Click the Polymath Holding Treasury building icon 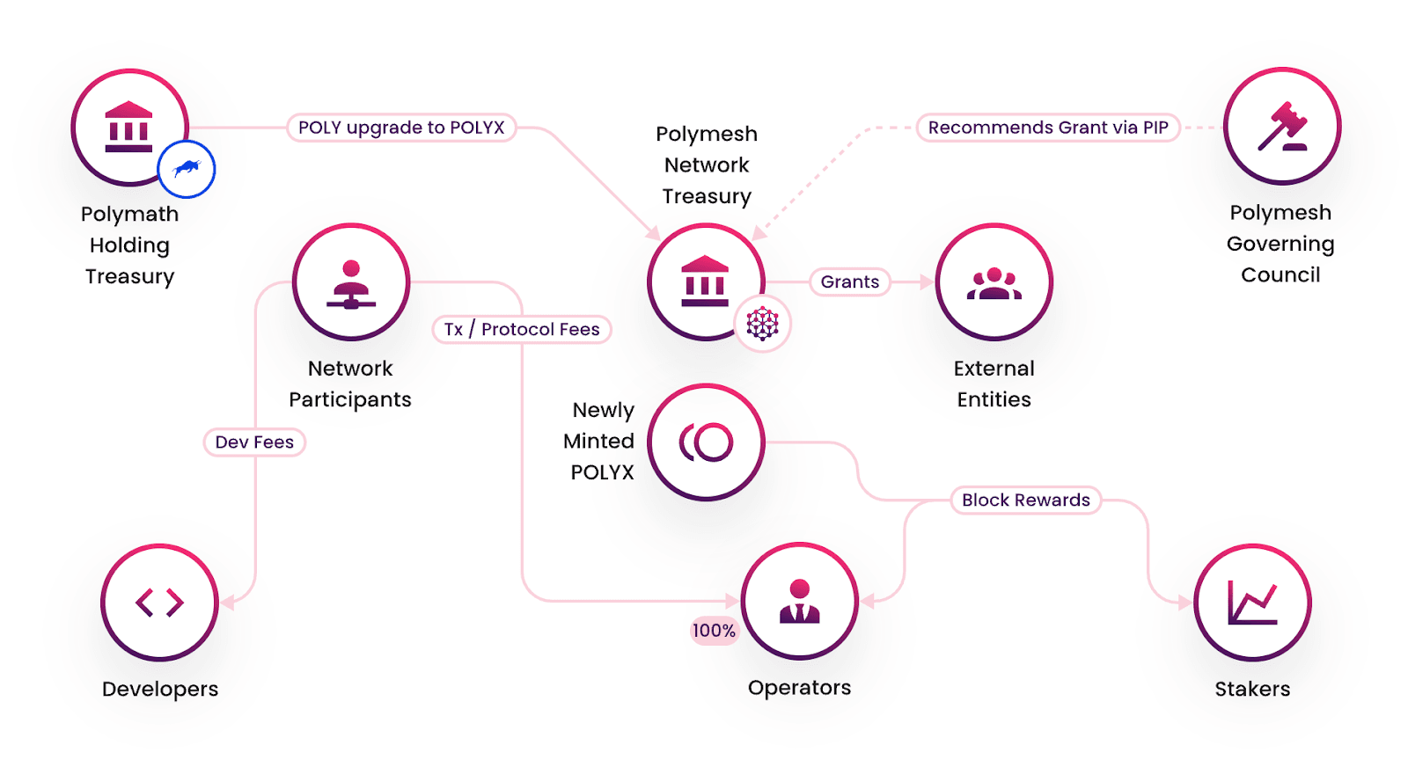[129, 127]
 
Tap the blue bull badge [187, 169]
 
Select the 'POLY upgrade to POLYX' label [401, 128]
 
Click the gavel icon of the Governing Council [1282, 127]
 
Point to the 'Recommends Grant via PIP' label [1048, 128]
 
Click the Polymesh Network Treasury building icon [705, 281]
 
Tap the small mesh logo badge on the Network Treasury [763, 324]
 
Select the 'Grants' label [850, 281]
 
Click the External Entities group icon [994, 282]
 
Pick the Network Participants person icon [351, 282]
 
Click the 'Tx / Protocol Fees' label [522, 329]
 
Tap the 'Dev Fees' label [254, 442]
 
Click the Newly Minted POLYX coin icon [706, 442]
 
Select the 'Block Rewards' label [1026, 500]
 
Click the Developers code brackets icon [160, 603]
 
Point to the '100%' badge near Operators [714, 630]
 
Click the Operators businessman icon [799, 602]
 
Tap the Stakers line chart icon [1252, 603]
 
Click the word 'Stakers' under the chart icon [1252, 689]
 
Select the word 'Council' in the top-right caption [1280, 274]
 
